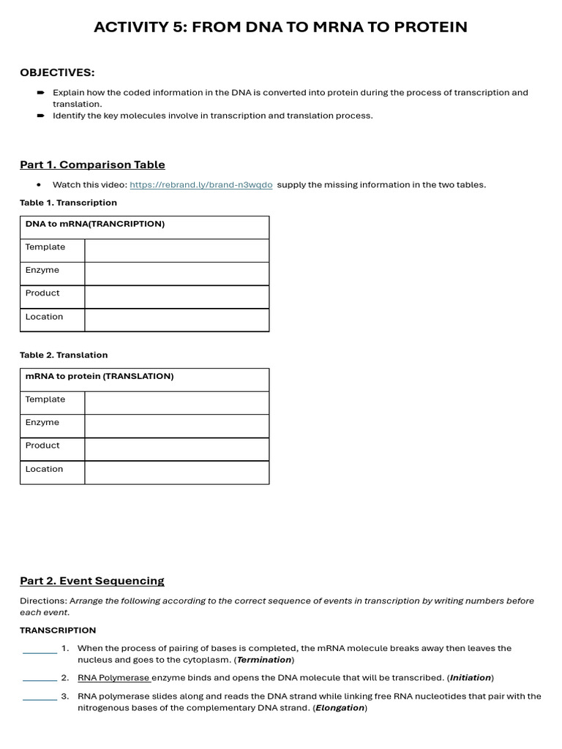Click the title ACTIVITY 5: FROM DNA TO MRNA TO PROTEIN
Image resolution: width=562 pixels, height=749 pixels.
[280, 28]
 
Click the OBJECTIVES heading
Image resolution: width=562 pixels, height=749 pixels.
[57, 72]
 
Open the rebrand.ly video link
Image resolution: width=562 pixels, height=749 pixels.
[201, 185]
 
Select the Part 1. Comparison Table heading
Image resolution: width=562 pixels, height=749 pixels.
[92, 165]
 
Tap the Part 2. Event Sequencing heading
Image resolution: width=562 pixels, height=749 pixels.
[92, 581]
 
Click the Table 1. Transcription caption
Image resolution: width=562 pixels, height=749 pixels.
[68, 203]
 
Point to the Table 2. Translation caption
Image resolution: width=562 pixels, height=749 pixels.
[64, 355]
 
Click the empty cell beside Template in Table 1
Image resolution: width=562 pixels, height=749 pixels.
[176, 250]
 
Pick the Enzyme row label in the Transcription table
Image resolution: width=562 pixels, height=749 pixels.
[42, 271]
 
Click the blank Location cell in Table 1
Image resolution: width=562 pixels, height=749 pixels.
[176, 320]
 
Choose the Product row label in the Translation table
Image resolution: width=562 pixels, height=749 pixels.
[42, 445]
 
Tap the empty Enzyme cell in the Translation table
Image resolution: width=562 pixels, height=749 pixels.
[176, 426]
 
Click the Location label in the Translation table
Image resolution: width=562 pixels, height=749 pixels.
[44, 470]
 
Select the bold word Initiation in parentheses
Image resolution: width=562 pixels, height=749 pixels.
[471, 678]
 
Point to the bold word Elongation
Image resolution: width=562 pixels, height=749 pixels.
[340, 708]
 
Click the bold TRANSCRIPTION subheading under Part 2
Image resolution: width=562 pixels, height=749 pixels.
[58, 631]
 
